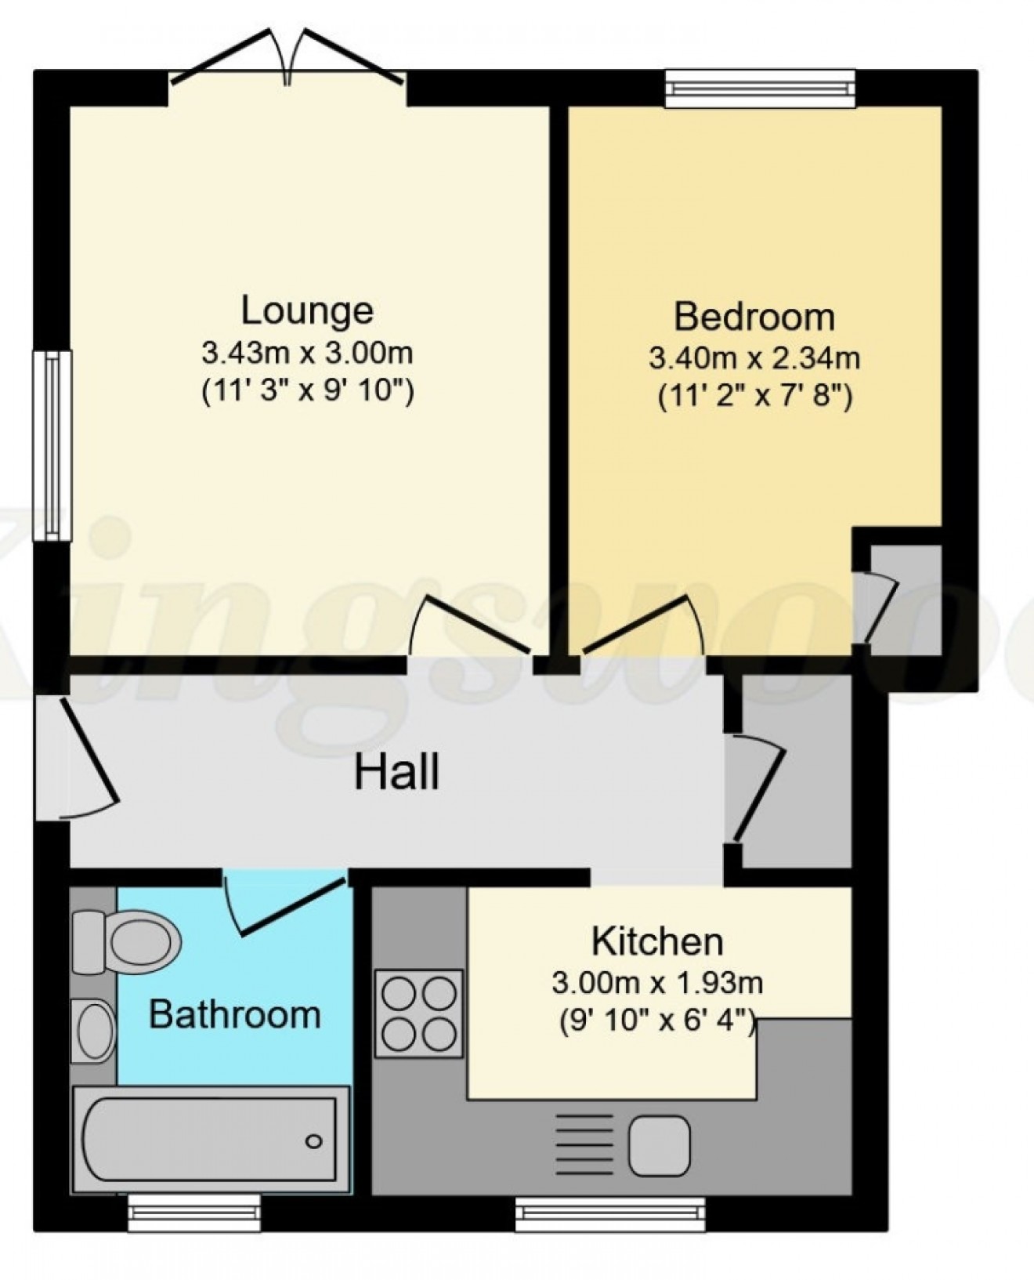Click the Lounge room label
pyautogui.click(x=306, y=310)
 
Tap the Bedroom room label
pyautogui.click(x=754, y=317)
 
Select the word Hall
pyautogui.click(x=396, y=772)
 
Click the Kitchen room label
pyautogui.click(x=656, y=941)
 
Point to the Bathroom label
pyautogui.click(x=234, y=1014)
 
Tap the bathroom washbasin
pyautogui.click(x=94, y=1031)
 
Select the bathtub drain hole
pyautogui.click(x=314, y=1140)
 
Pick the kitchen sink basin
pyautogui.click(x=659, y=1146)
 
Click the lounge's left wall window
pyautogui.click(x=52, y=445)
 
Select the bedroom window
pyautogui.click(x=760, y=88)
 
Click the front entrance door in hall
pyautogui.click(x=86, y=756)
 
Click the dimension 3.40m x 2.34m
pyautogui.click(x=754, y=358)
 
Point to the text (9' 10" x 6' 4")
pyautogui.click(x=656, y=1021)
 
